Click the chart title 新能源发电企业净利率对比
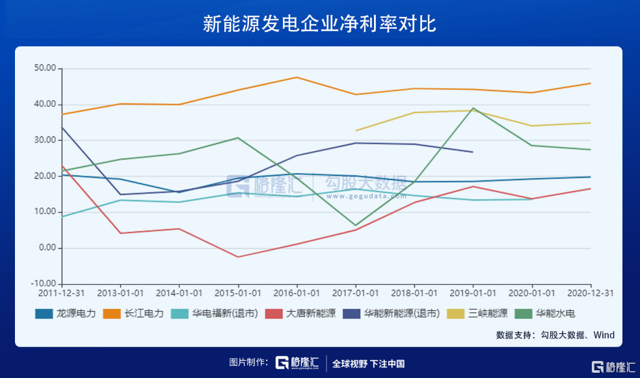point(319,24)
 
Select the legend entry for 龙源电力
point(65,314)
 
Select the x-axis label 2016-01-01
point(297,293)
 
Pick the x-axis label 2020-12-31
point(589,293)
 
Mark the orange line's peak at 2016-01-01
point(297,77)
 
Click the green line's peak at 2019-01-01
point(473,108)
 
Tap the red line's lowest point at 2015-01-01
point(238,257)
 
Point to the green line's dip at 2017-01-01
point(355,226)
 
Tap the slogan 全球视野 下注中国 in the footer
point(368,363)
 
